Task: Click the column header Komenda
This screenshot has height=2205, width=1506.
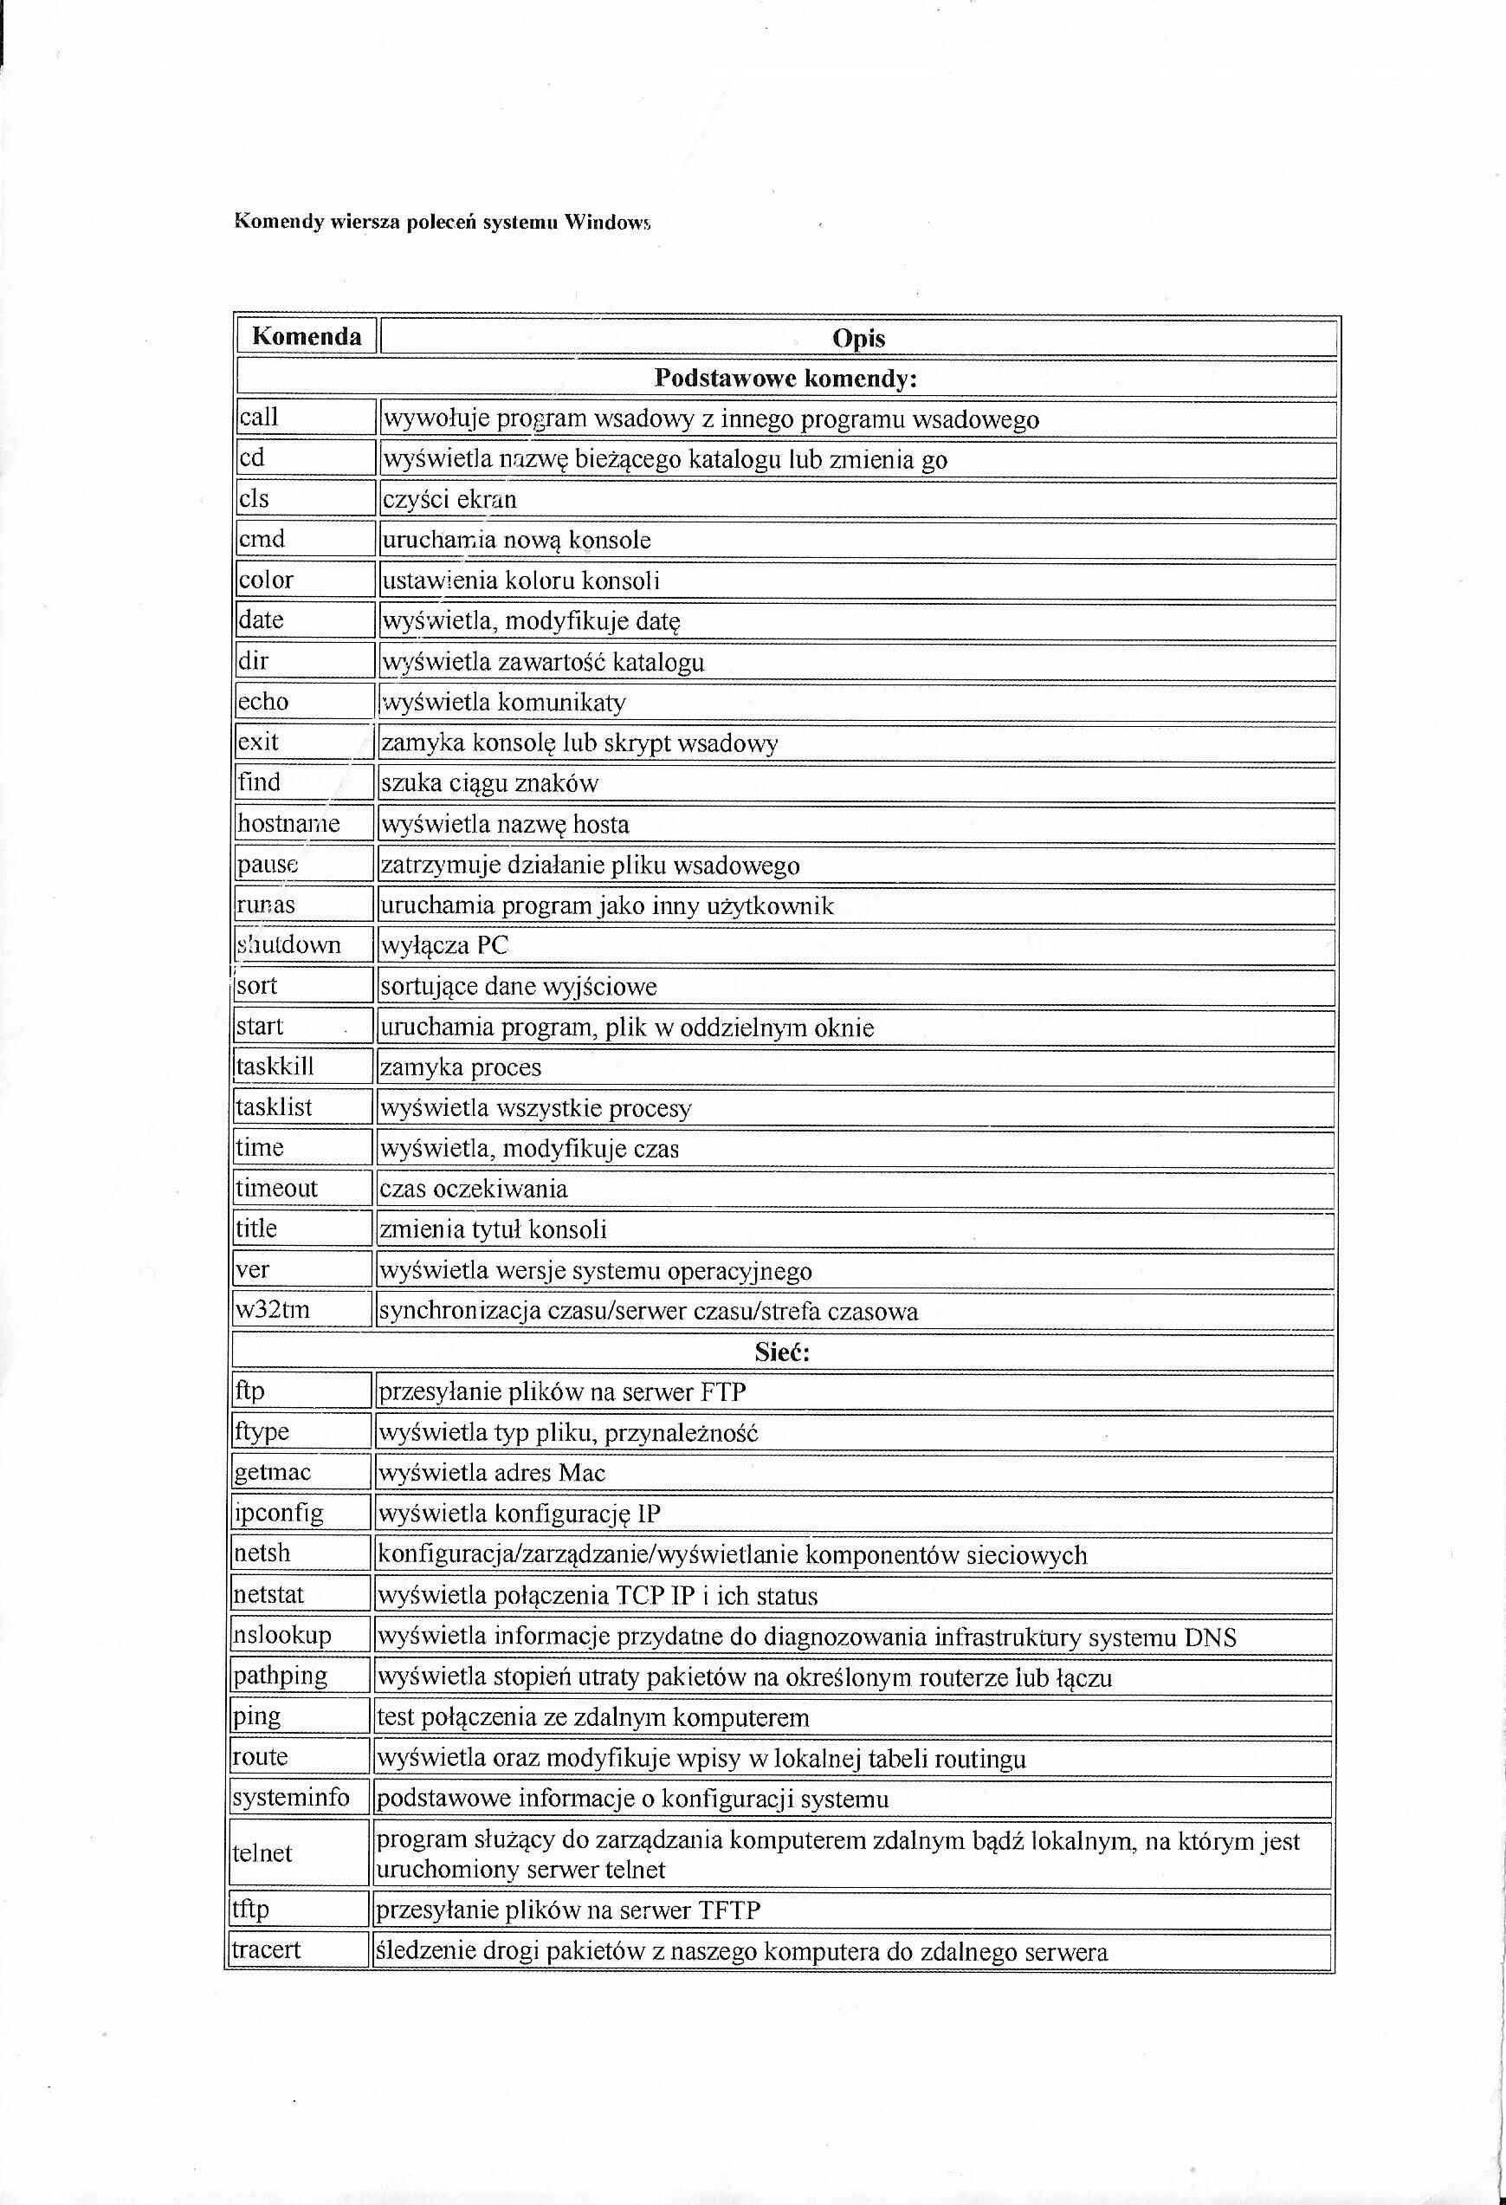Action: click(x=307, y=337)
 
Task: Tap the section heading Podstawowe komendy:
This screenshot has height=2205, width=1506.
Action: click(x=785, y=379)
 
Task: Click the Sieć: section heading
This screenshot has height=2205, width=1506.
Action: click(x=782, y=1352)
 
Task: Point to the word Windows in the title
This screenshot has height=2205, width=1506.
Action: click(x=607, y=223)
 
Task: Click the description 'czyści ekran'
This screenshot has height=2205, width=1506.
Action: click(x=449, y=500)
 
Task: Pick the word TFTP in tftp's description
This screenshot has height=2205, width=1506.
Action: click(x=729, y=1910)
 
